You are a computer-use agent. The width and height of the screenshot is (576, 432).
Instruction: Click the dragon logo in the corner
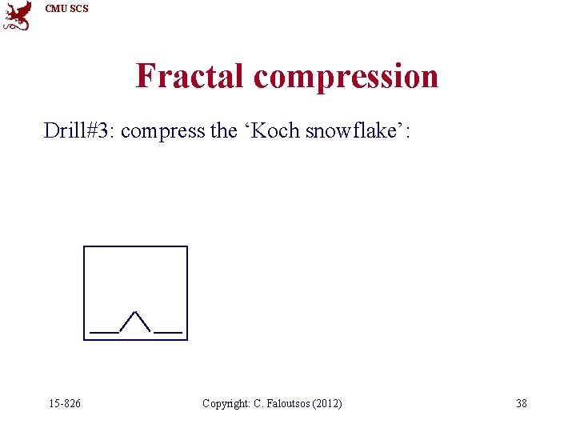[18, 15]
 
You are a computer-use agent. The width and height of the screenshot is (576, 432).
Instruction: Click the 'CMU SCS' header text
[67, 9]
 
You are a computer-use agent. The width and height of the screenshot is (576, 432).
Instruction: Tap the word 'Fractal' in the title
[190, 76]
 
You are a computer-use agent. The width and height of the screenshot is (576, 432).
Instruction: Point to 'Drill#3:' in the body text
[78, 130]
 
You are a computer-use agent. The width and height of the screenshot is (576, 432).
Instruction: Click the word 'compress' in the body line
[163, 131]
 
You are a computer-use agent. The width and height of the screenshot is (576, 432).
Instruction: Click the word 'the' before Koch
[223, 130]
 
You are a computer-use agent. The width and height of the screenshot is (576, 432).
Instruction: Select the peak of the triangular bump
[136, 312]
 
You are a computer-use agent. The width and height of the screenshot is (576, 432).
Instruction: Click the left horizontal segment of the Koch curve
[104, 330]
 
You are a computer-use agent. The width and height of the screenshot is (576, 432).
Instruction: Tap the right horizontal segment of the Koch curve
[168, 330]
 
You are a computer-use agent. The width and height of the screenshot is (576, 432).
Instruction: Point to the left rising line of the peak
[128, 322]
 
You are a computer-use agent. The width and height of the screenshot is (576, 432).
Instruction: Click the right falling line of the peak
[144, 322]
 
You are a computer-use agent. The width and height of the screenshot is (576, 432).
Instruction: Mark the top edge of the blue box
[135, 247]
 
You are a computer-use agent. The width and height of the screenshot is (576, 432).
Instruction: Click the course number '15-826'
[64, 403]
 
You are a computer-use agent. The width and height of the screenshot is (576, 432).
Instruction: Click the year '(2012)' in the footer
[328, 403]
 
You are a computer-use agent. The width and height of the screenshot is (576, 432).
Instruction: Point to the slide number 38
[521, 403]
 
